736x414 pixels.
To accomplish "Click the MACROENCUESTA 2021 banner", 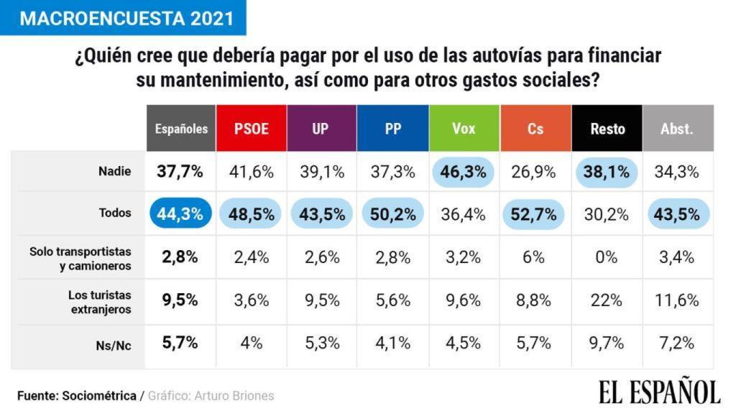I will click(x=123, y=18).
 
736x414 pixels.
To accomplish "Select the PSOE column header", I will click(x=252, y=129).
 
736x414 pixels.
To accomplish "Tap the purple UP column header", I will click(x=321, y=129).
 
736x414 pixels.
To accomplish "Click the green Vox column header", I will click(x=464, y=129).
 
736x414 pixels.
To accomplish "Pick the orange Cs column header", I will click(x=535, y=129).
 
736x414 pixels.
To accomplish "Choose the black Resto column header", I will click(x=607, y=129).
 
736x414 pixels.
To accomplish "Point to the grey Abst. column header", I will click(x=676, y=129).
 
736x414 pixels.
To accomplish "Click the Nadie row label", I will click(x=114, y=171).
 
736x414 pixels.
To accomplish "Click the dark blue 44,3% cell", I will click(x=180, y=214).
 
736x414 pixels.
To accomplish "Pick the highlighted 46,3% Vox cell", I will click(x=464, y=172).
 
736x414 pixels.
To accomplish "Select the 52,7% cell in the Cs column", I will click(x=535, y=214).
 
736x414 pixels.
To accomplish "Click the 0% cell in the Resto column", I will click(x=607, y=257).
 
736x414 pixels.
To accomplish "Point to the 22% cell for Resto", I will click(x=607, y=300).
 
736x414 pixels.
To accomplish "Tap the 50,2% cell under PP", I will click(x=392, y=214).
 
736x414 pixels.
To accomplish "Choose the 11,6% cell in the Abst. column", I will click(x=676, y=300).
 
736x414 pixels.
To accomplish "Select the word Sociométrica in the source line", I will click(x=99, y=396).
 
